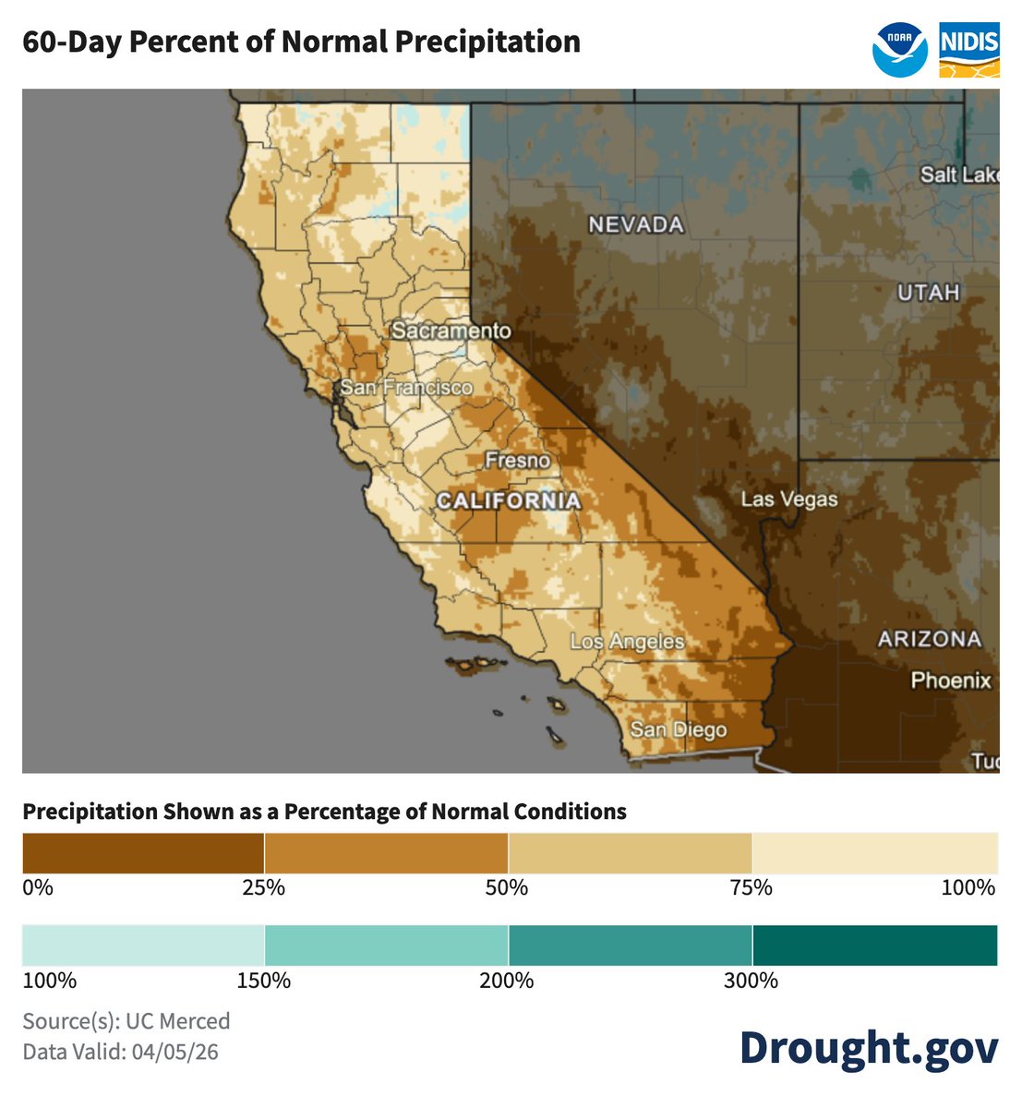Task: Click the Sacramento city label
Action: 451,331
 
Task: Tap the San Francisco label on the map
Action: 406,388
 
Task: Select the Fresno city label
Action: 518,460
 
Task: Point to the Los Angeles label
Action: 627,642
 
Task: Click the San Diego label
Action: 679,730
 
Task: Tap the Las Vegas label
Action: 789,500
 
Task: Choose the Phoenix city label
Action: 951,680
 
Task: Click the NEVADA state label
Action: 636,224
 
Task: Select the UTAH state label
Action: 929,293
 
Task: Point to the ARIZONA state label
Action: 929,639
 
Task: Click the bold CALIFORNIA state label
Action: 509,501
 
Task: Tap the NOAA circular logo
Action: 899,50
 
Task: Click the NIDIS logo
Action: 968,50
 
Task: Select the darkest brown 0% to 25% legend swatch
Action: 143,853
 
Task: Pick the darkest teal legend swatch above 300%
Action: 874,945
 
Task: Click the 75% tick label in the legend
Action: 751,888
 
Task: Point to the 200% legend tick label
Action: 507,981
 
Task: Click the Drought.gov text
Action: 868,1047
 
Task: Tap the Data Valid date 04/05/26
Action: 174,1052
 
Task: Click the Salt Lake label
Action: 958,175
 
